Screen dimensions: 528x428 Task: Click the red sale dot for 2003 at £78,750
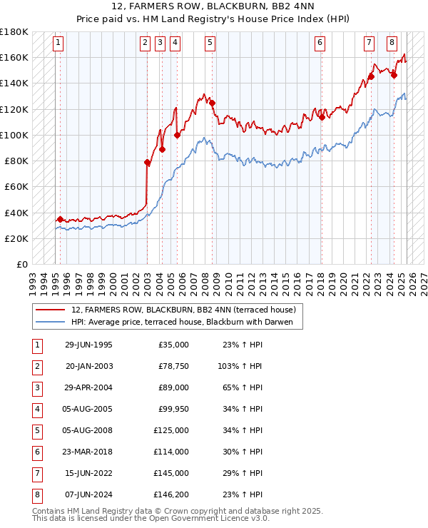148,163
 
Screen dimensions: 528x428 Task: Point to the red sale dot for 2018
322,117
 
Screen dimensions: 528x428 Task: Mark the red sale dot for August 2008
212,103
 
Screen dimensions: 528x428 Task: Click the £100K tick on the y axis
14,135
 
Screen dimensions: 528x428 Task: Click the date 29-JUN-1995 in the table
88,345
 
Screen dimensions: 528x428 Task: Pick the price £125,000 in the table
171,430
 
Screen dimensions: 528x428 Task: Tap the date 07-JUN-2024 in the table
88,494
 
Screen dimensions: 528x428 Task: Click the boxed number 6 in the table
36,452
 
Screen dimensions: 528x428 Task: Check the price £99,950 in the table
173,409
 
